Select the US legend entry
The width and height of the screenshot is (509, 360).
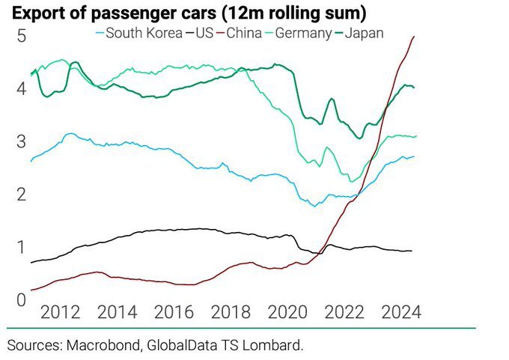(204, 33)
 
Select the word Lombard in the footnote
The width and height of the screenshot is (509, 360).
(277, 345)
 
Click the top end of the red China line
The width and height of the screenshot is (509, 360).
(415, 37)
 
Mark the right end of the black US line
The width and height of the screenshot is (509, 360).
(411, 251)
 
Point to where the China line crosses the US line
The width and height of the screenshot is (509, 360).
(320, 251)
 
